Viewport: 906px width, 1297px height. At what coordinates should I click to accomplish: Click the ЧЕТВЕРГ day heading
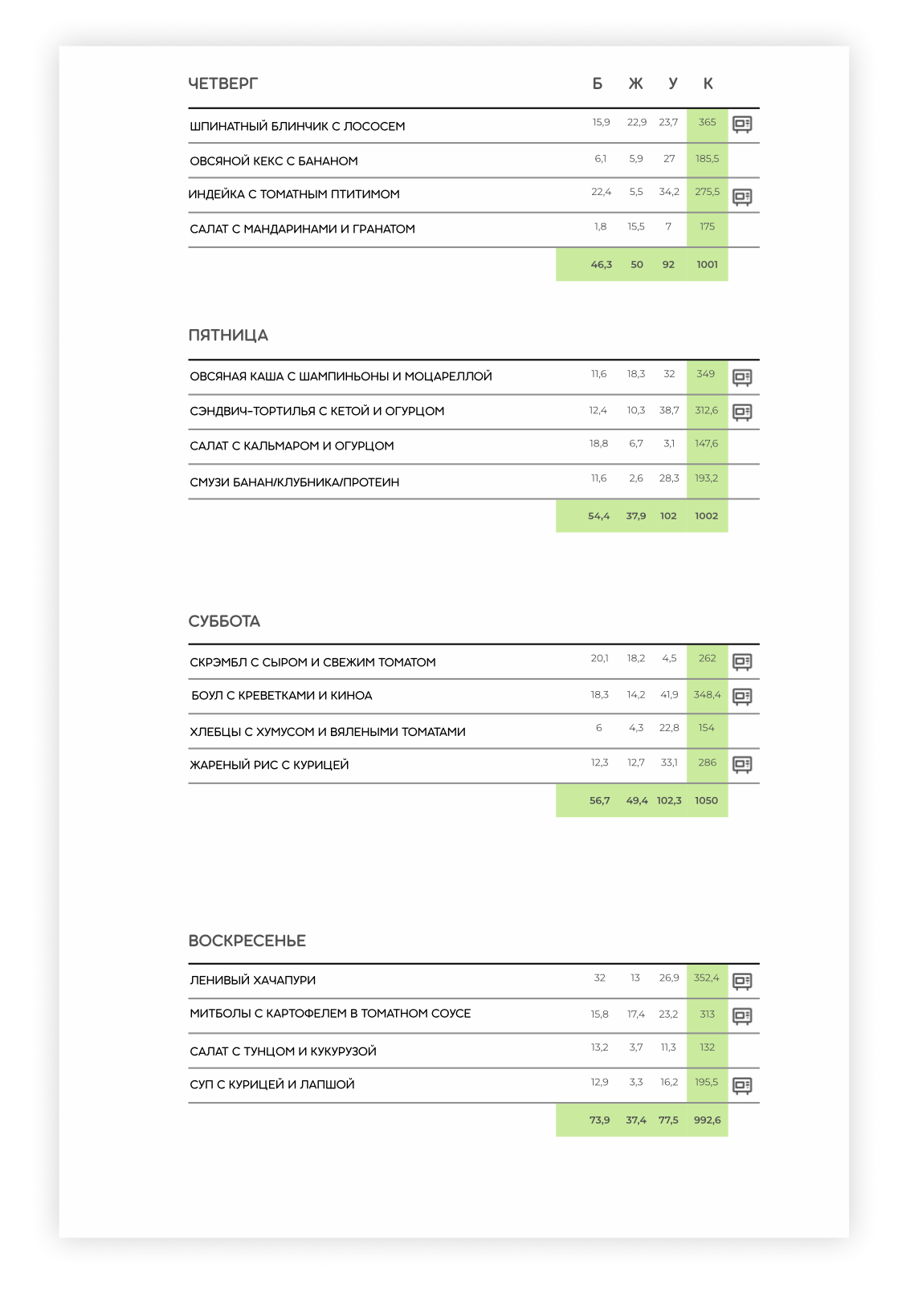click(x=222, y=83)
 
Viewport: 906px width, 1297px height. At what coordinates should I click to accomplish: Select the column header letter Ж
click(x=635, y=83)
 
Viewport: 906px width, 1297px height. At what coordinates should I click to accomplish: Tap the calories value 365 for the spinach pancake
click(x=707, y=123)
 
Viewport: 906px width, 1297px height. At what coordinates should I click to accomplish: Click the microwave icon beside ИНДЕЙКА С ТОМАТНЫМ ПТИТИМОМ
click(x=742, y=196)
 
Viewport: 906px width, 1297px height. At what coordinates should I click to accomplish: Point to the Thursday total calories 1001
click(x=707, y=265)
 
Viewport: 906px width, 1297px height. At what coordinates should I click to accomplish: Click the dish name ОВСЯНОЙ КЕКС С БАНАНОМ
click(x=273, y=161)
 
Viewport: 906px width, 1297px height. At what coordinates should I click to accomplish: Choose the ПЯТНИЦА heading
click(x=228, y=335)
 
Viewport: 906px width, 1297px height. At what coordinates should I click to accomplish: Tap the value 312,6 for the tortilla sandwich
click(x=707, y=411)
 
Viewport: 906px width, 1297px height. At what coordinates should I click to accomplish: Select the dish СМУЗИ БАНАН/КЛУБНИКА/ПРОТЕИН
click(x=294, y=482)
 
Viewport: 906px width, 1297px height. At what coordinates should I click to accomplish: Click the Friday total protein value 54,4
click(x=598, y=516)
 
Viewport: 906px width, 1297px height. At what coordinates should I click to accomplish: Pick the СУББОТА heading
click(x=224, y=621)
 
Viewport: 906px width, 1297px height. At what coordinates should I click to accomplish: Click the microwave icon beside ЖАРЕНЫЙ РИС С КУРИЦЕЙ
click(x=742, y=764)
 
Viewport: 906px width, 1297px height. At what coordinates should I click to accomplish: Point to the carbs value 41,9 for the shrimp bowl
click(x=669, y=695)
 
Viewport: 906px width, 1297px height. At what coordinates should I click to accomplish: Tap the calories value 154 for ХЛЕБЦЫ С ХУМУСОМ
click(x=706, y=728)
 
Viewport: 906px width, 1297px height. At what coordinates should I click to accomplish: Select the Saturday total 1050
click(x=706, y=801)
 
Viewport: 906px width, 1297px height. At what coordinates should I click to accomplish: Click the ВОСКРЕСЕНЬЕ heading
click(x=247, y=941)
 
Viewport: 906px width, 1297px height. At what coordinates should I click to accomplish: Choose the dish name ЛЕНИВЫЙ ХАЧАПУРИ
click(x=252, y=980)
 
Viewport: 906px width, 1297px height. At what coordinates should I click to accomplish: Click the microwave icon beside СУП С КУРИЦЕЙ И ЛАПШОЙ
click(x=742, y=1085)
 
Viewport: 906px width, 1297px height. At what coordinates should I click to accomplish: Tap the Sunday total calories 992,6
click(x=707, y=1120)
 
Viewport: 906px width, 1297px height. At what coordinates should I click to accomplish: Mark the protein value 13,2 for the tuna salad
click(x=599, y=1047)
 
